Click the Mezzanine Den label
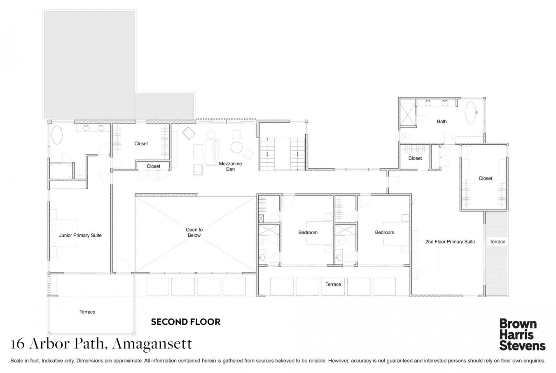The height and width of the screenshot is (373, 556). tap(230, 166)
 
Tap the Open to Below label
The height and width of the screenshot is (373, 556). tap(194, 232)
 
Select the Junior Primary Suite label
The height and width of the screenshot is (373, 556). tap(80, 235)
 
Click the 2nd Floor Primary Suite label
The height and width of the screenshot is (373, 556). tap(450, 241)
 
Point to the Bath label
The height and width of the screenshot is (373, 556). tap(442, 121)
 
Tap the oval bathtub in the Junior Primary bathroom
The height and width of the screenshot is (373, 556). tap(57, 135)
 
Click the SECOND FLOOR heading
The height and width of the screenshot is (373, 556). tap(186, 322)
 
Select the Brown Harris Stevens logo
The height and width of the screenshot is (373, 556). tap(522, 335)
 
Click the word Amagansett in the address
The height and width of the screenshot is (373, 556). tap(152, 344)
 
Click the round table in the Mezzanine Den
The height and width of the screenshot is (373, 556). tap(236, 147)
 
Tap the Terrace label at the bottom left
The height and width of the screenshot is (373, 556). tap(87, 312)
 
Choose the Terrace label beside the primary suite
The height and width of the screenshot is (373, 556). tap(497, 241)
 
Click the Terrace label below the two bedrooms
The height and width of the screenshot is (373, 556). tap(333, 284)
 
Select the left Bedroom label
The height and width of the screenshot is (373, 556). tap(308, 232)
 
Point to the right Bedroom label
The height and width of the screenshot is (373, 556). tap(385, 232)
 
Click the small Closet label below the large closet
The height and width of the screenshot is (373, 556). tap(153, 166)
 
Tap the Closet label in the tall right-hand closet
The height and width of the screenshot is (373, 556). tap(485, 178)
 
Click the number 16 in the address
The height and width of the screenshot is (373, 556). tap(17, 344)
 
